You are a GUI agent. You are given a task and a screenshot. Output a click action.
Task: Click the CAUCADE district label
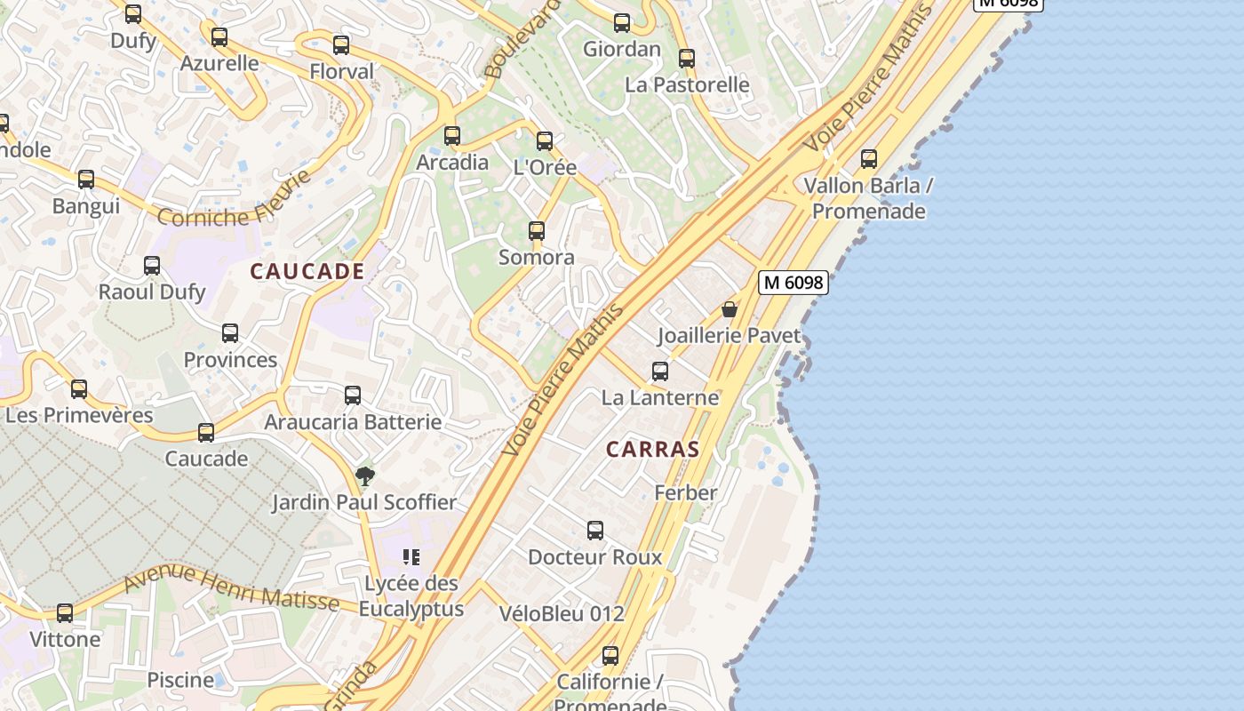click(307, 272)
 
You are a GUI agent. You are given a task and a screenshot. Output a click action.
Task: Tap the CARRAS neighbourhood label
click(653, 450)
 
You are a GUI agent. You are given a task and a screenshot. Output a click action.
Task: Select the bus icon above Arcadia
click(452, 136)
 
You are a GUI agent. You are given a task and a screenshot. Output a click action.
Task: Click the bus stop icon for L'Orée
click(545, 141)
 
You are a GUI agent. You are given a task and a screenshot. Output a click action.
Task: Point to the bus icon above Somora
click(537, 231)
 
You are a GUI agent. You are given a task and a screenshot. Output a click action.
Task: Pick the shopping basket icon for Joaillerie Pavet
click(730, 309)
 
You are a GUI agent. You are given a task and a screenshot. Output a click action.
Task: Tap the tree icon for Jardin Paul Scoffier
click(364, 476)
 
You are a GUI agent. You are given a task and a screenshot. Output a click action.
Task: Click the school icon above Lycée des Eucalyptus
click(411, 557)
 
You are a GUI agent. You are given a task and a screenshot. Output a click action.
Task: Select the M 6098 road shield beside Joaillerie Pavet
click(793, 283)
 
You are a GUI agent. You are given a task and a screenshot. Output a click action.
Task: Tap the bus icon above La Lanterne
click(660, 371)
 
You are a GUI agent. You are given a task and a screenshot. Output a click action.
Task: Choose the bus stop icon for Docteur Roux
click(595, 531)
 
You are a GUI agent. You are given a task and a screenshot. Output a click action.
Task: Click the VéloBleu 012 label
click(562, 613)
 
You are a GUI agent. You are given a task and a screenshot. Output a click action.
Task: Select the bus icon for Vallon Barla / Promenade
click(869, 160)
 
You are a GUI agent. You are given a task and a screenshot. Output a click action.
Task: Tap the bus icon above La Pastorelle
click(687, 60)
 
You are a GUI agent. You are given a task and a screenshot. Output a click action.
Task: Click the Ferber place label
click(685, 492)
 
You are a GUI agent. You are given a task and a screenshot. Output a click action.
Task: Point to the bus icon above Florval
click(341, 45)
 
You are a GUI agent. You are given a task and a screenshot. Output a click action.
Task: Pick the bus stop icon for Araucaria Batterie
click(353, 395)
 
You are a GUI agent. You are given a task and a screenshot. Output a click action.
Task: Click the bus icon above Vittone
click(65, 613)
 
